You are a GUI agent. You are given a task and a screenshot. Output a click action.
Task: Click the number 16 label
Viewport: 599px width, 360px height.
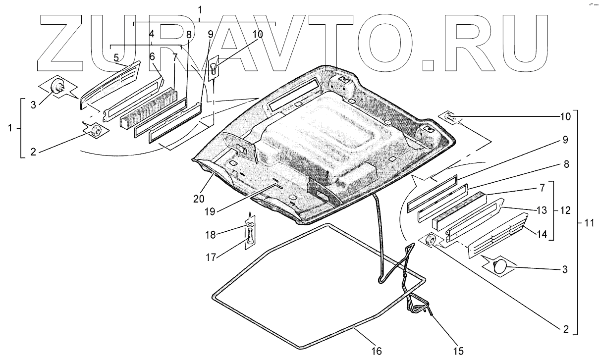click(377, 351)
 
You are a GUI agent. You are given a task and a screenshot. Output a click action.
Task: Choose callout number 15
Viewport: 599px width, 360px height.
click(458, 351)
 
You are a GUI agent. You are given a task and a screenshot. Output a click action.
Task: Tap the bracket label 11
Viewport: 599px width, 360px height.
click(589, 222)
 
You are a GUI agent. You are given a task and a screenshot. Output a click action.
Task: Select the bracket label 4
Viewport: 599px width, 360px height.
click(151, 34)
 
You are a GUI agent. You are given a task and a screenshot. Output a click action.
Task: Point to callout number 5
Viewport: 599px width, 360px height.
click(116, 58)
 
